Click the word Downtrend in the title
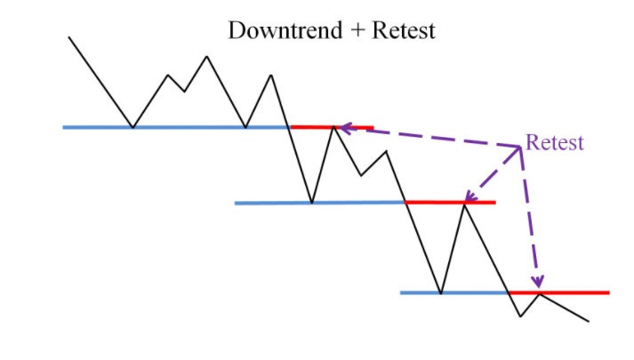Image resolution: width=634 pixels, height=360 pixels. click(285, 30)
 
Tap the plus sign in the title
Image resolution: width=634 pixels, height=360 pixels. click(357, 31)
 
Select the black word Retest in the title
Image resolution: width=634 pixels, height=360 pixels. click(404, 30)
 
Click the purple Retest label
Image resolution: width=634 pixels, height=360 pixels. click(555, 142)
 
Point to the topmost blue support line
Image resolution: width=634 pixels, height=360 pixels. click(176, 127)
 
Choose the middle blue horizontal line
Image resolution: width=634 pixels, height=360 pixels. click(320, 203)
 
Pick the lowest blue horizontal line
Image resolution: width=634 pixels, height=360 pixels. click(454, 292)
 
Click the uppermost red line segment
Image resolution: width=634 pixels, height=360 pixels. click(332, 127)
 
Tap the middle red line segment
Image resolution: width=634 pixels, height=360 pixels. click(450, 202)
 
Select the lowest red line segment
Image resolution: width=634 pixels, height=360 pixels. click(558, 292)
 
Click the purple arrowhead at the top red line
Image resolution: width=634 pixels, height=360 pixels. click(346, 129)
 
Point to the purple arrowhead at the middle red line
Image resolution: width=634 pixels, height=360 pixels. click(470, 196)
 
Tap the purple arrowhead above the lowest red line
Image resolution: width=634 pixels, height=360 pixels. click(538, 281)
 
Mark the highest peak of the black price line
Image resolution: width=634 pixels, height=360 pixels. click(206, 57)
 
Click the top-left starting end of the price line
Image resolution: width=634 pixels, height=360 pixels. click(69, 37)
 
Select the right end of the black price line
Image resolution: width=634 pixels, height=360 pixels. click(589, 322)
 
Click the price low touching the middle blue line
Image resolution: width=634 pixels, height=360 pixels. click(312, 203)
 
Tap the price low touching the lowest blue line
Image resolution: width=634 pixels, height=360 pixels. click(441, 293)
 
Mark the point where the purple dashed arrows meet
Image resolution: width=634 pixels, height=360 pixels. click(520, 147)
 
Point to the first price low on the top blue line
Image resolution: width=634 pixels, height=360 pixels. click(133, 127)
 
